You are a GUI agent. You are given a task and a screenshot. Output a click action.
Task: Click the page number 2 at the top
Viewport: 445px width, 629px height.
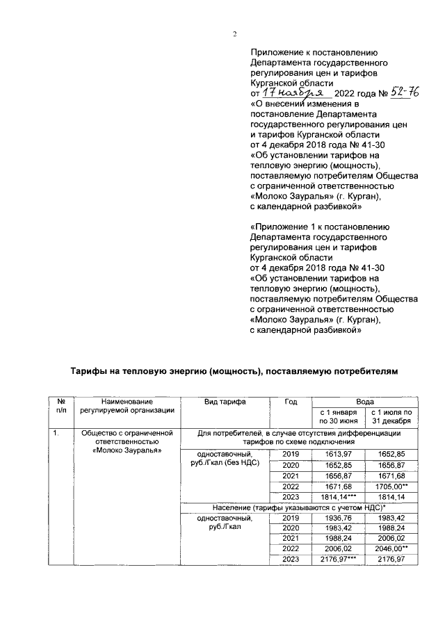(x=235, y=35)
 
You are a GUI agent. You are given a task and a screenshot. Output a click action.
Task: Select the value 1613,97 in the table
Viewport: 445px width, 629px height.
(x=337, y=453)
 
